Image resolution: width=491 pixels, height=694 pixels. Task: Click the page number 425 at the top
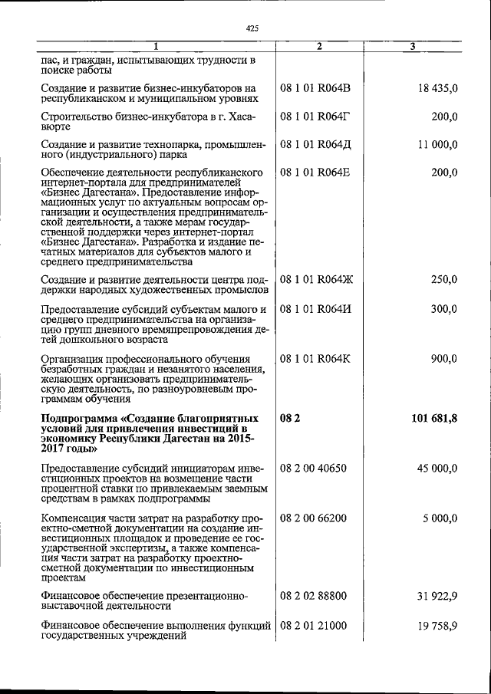(252, 28)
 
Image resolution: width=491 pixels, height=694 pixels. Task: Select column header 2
(319, 48)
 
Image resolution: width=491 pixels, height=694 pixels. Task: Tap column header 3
(413, 48)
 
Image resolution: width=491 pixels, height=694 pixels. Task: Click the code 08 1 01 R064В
(315, 89)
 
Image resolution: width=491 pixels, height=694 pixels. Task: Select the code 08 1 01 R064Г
(315, 117)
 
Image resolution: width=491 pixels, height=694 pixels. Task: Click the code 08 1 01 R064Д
(315, 144)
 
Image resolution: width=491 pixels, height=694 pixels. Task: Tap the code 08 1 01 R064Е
(315, 172)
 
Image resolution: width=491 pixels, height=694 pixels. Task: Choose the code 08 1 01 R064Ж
(316, 280)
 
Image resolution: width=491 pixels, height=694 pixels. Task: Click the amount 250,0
(443, 280)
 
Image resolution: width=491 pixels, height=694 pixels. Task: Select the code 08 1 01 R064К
(315, 358)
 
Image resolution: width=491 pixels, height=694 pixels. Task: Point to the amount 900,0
(443, 358)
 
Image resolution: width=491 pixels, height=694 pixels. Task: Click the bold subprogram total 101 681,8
(434, 418)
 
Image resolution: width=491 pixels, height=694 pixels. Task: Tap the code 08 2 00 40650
(314, 468)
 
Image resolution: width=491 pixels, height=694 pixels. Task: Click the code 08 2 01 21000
(314, 627)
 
